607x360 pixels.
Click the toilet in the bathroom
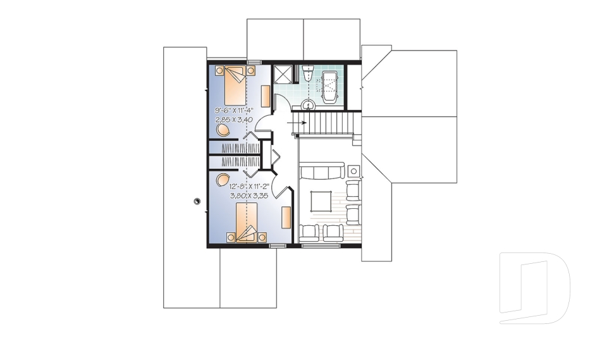tap(308, 73)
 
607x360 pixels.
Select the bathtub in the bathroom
tap(330, 87)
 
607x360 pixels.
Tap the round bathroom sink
tap(309, 104)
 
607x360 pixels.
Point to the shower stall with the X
tap(283, 75)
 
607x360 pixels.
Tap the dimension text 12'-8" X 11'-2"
tap(245, 187)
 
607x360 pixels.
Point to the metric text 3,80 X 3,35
tap(245, 196)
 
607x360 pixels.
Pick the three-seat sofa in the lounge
tap(322, 171)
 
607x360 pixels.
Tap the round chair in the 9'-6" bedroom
tap(223, 130)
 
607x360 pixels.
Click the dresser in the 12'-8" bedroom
tap(286, 216)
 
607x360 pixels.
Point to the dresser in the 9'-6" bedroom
tap(266, 96)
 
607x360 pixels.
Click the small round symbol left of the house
tap(197, 201)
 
